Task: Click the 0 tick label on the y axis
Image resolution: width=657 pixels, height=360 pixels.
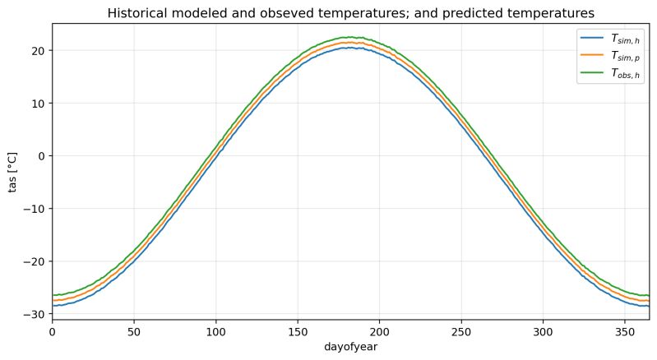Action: coord(43,155)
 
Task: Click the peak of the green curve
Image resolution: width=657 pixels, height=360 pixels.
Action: coord(351,37)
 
